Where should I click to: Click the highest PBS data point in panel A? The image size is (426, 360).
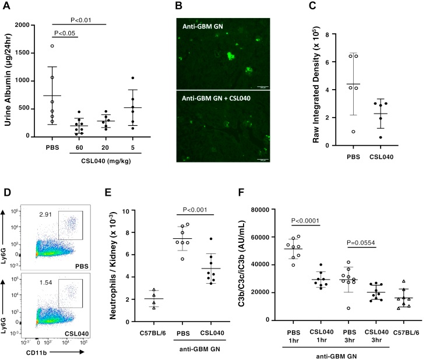point(52,46)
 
